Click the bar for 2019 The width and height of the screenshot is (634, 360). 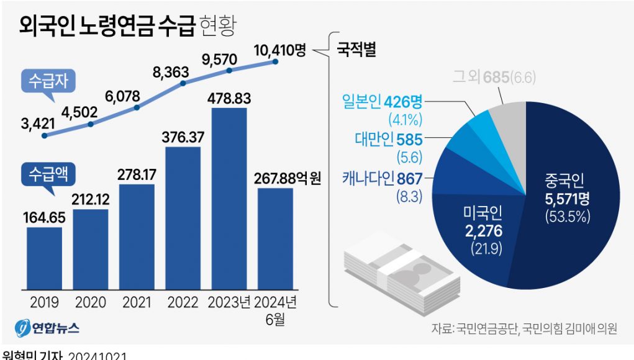(x=44, y=258)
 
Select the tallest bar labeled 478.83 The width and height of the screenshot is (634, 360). (x=229, y=199)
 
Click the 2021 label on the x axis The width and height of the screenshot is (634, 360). (x=137, y=303)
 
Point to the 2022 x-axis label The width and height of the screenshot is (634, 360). (x=183, y=303)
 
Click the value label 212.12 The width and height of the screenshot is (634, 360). (x=90, y=200)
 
